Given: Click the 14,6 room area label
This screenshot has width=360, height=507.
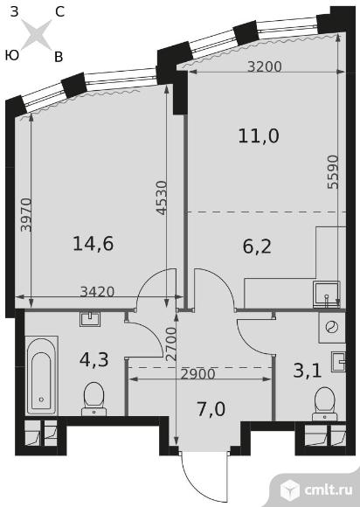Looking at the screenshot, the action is (93, 244).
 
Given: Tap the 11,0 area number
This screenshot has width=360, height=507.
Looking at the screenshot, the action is (259, 135).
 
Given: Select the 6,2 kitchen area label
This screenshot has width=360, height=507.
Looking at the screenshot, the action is (257, 247).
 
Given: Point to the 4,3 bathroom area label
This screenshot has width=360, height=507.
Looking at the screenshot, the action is (94, 359).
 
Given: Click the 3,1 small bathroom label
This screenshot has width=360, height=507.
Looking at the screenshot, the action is (308, 371).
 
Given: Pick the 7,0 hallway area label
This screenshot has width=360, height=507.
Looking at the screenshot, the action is (211, 409).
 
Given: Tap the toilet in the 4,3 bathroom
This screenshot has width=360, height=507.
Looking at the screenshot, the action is (93, 399).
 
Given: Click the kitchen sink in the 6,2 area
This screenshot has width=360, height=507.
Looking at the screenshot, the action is (327, 295).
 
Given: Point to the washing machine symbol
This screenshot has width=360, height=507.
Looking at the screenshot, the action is (332, 327).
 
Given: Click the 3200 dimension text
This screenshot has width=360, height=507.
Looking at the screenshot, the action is (265, 66).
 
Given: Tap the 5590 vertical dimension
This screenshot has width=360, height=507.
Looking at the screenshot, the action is (333, 172).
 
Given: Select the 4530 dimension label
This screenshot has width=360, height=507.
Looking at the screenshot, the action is (162, 198).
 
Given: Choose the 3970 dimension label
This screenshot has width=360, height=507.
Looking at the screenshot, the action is (26, 215).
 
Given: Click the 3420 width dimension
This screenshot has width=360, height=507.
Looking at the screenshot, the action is (97, 292).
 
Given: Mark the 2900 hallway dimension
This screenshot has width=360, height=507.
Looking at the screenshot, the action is (197, 374).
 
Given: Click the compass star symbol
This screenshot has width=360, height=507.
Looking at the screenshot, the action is (36, 34).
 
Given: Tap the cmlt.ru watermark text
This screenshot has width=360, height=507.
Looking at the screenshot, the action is (328, 490).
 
